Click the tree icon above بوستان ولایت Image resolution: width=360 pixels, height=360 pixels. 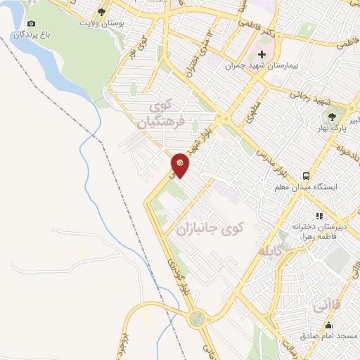(103, 12)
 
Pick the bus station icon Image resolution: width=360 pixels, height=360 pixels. (305, 176)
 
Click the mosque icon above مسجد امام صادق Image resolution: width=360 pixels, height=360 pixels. (328, 324)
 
